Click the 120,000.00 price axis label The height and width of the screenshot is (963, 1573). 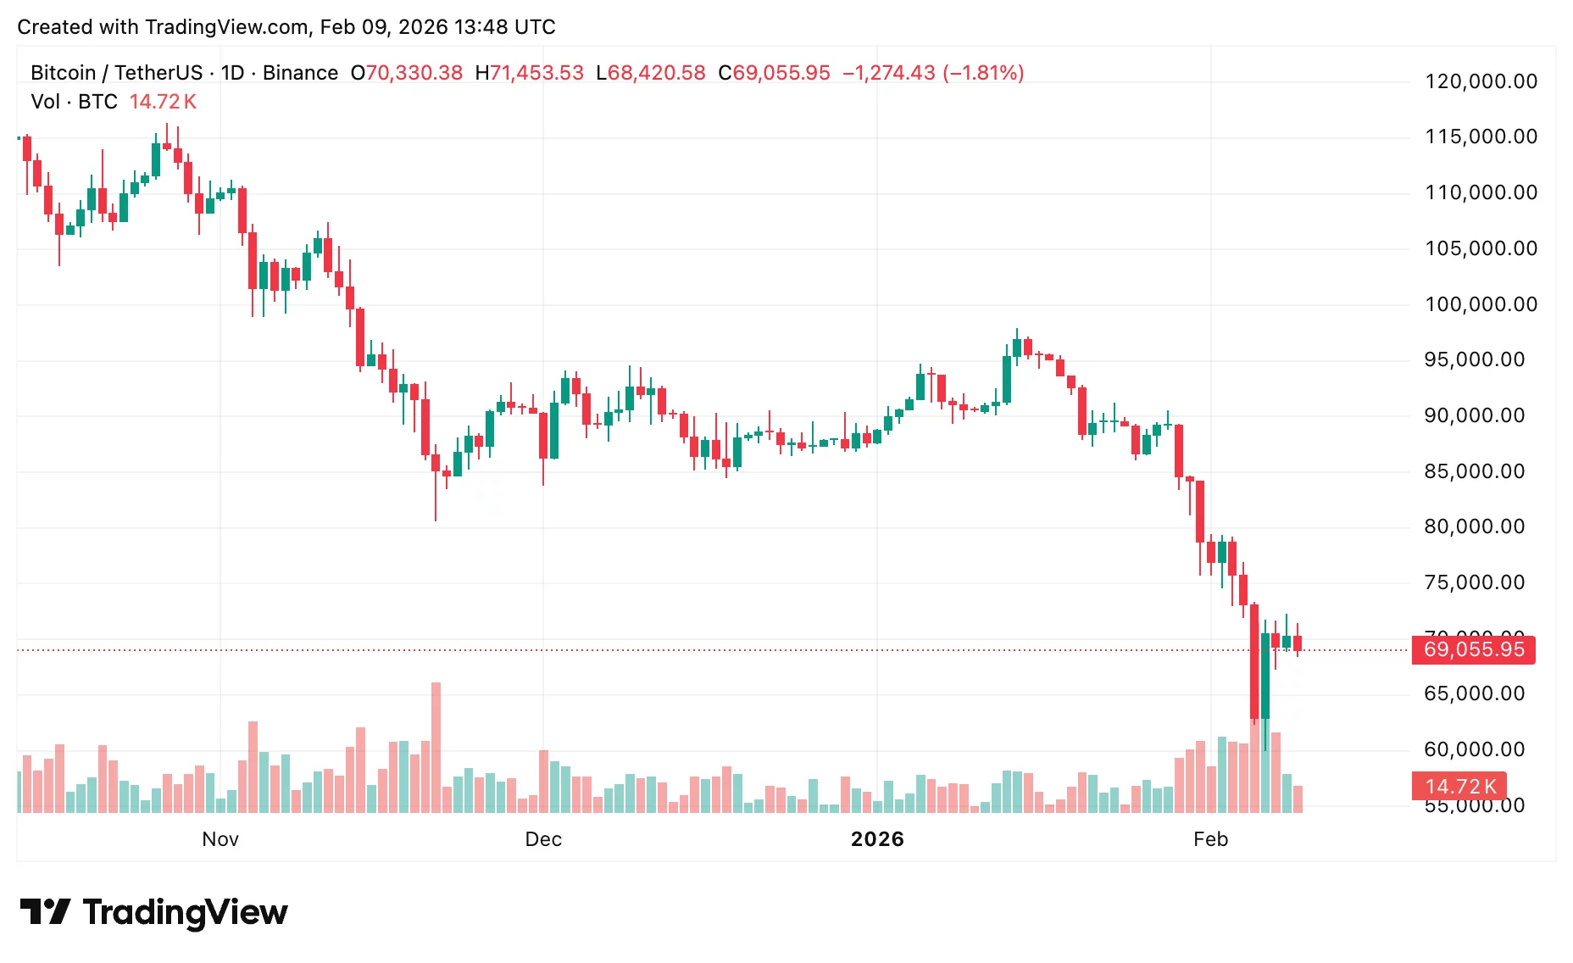pos(1481,81)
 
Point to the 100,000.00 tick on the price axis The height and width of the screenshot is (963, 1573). pos(1481,304)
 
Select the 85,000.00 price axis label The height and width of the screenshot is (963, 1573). pos(1474,471)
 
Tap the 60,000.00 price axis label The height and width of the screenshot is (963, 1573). pos(1474,749)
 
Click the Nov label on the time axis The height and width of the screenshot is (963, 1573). pos(220,839)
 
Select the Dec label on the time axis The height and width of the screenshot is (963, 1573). pos(543,839)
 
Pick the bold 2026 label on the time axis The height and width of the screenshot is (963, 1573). pos(877,839)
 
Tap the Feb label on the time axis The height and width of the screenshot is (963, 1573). pos(1210,839)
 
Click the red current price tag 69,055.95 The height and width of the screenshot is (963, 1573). pos(1473,650)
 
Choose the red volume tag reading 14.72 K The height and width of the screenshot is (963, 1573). pos(1459,787)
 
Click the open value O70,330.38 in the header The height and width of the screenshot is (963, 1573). pos(407,73)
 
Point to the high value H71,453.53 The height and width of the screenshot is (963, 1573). pos(530,73)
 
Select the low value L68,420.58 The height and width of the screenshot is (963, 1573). pos(651,73)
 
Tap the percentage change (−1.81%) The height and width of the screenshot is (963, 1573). pos(982,73)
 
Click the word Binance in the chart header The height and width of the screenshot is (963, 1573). pos(300,73)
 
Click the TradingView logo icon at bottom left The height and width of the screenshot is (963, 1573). pos(45,912)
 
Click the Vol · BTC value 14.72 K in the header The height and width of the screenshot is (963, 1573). pos(163,102)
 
